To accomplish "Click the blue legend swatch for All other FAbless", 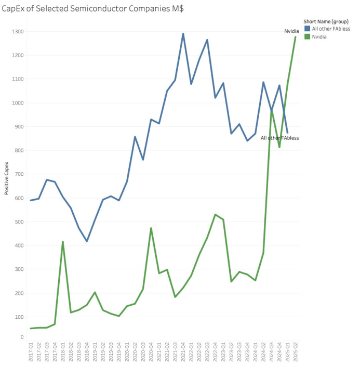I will click(307, 29).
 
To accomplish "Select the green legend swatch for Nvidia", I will click(307, 36).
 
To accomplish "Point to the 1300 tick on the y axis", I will click(18, 32).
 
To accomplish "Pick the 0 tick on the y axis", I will click(22, 337).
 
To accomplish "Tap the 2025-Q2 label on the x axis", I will click(296, 352).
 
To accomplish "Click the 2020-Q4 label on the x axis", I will click(151, 352).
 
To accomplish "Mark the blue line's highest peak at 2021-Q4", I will click(183, 34).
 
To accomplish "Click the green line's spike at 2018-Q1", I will click(62, 242).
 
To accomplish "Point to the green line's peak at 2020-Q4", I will click(151, 228).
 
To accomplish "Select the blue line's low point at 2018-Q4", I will click(87, 241).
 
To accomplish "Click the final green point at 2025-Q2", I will click(296, 37).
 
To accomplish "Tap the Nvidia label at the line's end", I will click(291, 31).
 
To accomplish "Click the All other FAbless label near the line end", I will click(279, 138).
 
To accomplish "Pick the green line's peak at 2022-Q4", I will click(215, 214).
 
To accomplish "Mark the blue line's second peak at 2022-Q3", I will click(207, 40).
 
